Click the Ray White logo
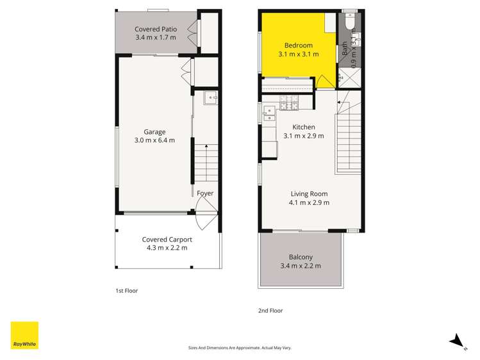click(x=24, y=335)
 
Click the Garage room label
click(x=154, y=132)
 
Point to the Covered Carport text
click(x=167, y=240)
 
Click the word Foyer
click(x=205, y=193)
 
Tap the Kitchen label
click(x=304, y=127)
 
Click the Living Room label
click(x=309, y=194)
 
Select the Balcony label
click(x=301, y=258)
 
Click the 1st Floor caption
click(x=127, y=291)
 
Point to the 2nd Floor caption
click(x=270, y=311)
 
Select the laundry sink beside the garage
click(x=211, y=98)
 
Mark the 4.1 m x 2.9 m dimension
click(x=309, y=203)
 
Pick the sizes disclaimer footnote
click(x=240, y=348)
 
